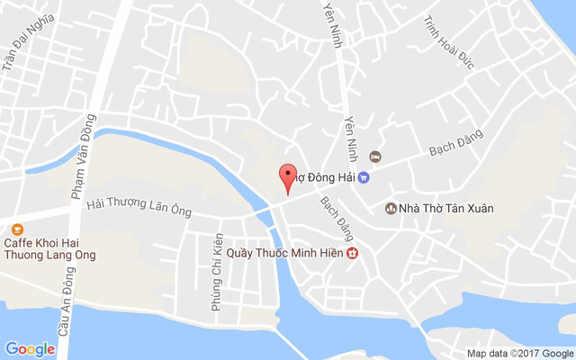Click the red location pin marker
tap(287, 177)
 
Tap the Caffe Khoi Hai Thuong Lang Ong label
tap(50, 248)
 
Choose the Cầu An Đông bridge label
tap(64, 310)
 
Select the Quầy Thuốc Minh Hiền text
tap(284, 254)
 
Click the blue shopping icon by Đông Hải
tap(364, 177)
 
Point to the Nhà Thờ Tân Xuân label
tap(447, 209)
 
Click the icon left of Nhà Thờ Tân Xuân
tap(391, 209)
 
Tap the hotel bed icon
tap(375, 158)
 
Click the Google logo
tap(31, 349)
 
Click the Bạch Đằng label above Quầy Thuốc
tap(333, 213)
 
